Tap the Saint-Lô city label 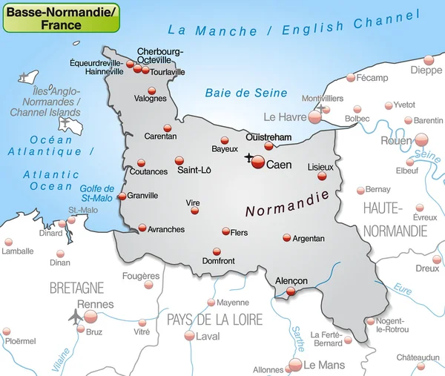pos(194,171)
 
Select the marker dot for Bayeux pos(225,140)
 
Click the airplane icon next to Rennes pos(75,317)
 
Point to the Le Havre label pos(284,117)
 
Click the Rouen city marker pos(421,139)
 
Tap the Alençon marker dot pos(291,292)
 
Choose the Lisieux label pos(320,168)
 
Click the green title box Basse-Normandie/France pos(61,17)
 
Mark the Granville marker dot pos(122,197)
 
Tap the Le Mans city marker pos(295,364)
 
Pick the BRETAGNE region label pos(76,287)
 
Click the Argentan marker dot pos(287,238)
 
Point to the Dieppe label pos(426,70)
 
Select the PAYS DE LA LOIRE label pos(214,320)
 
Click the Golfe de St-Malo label pos(97,193)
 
